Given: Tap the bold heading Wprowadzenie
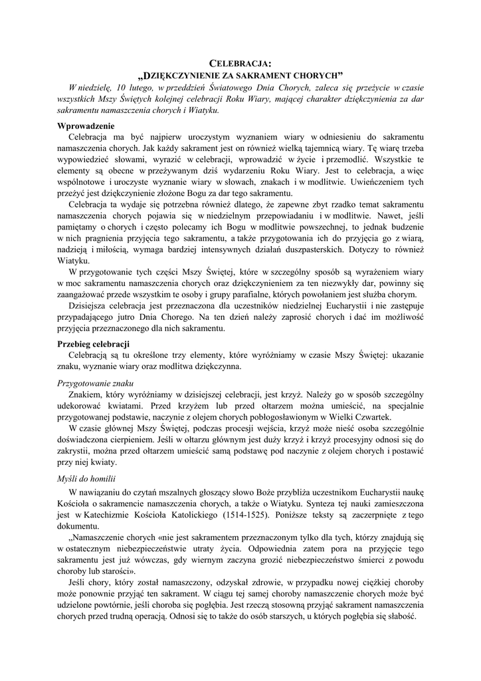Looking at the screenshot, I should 86,126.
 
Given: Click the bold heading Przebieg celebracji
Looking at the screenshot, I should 94,344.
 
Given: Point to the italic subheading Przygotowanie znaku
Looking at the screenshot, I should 96,384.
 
